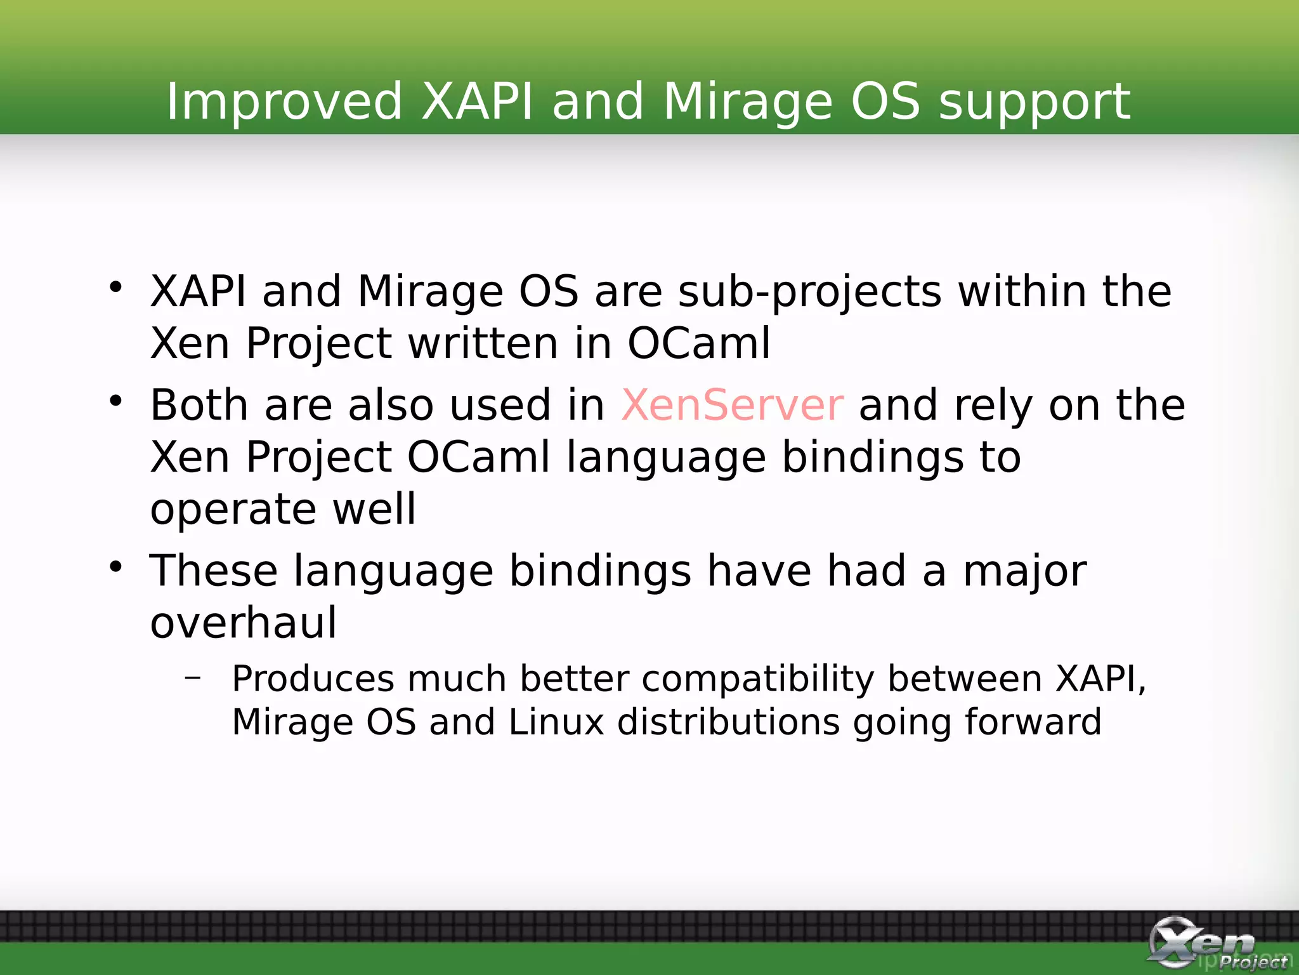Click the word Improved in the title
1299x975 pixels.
pyautogui.click(x=284, y=102)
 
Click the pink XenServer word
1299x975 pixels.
pyautogui.click(x=732, y=405)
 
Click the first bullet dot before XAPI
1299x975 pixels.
pyautogui.click(x=115, y=287)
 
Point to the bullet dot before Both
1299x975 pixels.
pyautogui.click(x=115, y=401)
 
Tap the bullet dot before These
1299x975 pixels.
pyautogui.click(x=115, y=566)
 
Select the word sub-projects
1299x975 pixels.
pyautogui.click(x=809, y=292)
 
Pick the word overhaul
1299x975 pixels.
pyautogui.click(x=244, y=623)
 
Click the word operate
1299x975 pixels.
pyautogui.click(x=233, y=510)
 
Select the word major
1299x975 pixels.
pyautogui.click(x=1024, y=571)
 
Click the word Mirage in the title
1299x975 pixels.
pyautogui.click(x=747, y=102)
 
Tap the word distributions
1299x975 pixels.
pyautogui.click(x=728, y=722)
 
